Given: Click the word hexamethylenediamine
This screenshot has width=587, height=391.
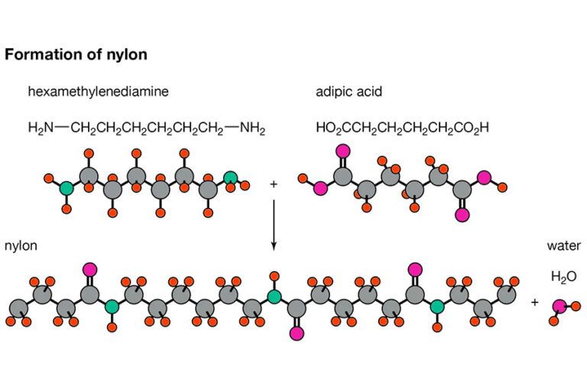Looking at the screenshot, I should pos(98,92).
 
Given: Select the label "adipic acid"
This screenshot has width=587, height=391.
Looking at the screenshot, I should pos(350,92).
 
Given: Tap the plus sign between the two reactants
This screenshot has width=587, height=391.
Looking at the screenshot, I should pos(274,184).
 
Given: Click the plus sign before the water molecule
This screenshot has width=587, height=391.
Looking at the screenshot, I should pos(534,302).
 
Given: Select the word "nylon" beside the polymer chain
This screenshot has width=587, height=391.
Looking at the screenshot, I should pos(21,246).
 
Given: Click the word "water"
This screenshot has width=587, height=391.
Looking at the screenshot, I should pos(563,246).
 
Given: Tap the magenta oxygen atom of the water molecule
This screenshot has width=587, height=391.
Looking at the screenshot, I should pos(559,306).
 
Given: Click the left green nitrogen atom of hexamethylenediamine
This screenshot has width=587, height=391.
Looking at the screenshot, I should pos(67,187).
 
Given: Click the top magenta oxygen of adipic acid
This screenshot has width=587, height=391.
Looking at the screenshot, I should pos(342,150).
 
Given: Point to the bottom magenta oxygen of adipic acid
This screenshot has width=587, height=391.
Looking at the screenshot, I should pos(462,215).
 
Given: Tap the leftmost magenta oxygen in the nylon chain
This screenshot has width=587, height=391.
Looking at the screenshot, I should pos(90,269).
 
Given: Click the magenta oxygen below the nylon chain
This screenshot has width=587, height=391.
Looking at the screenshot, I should pos(297,333).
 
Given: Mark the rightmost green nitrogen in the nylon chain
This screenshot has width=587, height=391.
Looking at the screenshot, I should pos(436,307).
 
